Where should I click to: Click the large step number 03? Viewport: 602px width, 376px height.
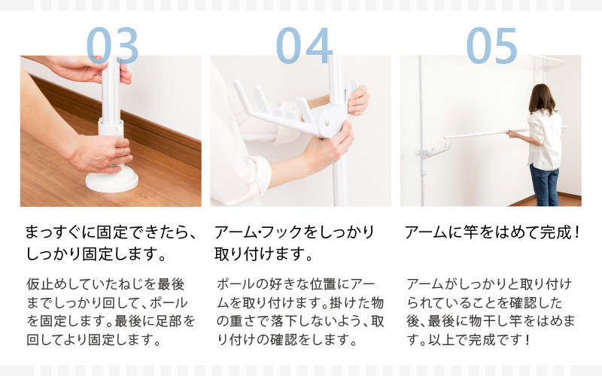coord(112,45)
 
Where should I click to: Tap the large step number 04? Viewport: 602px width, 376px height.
coord(304,45)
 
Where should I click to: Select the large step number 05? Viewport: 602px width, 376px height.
coord(491,45)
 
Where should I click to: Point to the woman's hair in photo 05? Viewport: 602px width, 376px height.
coord(541,99)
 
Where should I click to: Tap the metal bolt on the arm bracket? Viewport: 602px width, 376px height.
coord(327,123)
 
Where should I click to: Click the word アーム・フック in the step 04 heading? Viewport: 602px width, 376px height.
coord(258,232)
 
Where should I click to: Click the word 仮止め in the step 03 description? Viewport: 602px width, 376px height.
coord(46,284)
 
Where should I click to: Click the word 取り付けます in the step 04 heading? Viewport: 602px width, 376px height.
coord(259,253)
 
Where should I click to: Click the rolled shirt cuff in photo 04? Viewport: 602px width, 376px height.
coord(257,174)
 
